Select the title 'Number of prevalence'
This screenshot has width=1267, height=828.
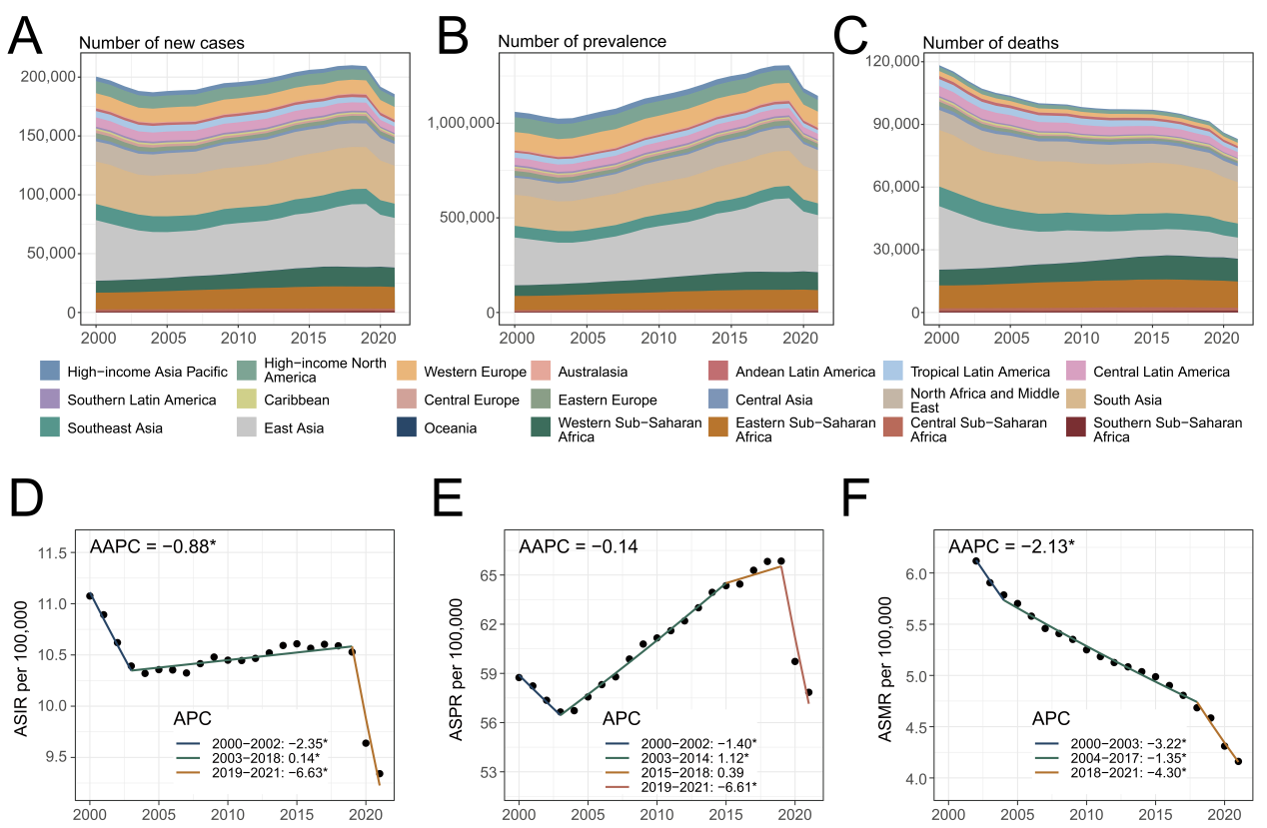(582, 42)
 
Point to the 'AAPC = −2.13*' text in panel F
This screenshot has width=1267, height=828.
(1010, 546)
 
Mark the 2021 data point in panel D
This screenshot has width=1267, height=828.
(380, 773)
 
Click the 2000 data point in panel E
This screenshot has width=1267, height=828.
(519, 677)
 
